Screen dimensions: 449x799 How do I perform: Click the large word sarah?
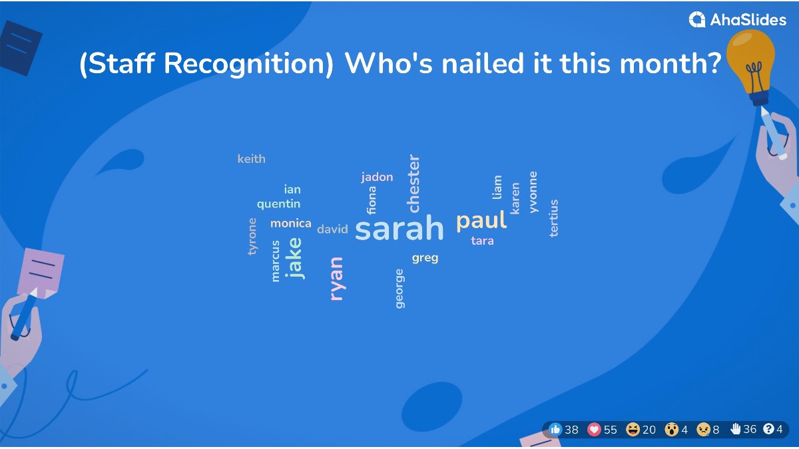tap(400, 229)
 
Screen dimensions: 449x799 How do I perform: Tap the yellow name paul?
tap(481, 221)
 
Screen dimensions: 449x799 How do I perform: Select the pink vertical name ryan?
tap(337, 279)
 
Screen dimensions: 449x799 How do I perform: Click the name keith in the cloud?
tap(251, 159)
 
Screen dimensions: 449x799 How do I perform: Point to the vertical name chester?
tap(413, 184)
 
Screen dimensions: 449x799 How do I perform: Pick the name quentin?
tap(278, 204)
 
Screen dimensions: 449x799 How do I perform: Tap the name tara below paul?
tap(482, 241)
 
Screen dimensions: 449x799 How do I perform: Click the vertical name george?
tap(400, 289)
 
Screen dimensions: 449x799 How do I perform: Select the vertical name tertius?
tap(553, 218)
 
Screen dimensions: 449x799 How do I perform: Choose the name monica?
tap(290, 224)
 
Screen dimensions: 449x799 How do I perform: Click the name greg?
tap(425, 257)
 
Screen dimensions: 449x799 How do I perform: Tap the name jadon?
tap(377, 177)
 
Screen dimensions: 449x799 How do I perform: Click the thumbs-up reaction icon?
tap(556, 430)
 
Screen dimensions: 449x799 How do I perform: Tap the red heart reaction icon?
tap(594, 430)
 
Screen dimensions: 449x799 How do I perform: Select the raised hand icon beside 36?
tap(736, 429)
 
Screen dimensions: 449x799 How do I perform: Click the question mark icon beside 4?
tap(768, 429)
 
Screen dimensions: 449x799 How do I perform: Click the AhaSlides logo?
tap(737, 20)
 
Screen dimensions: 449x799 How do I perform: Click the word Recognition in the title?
tap(248, 65)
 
